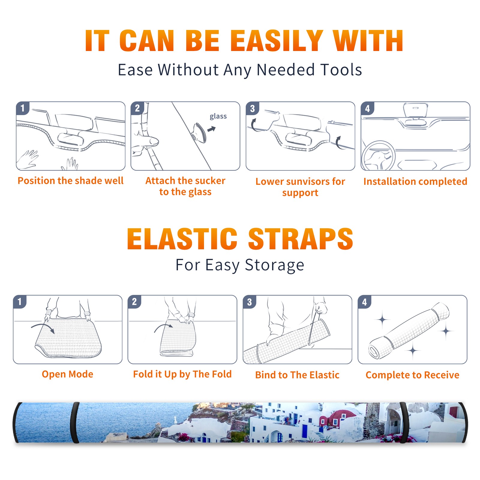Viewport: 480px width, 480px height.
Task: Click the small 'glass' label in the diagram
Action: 218,116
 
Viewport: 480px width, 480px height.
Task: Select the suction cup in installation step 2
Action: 199,132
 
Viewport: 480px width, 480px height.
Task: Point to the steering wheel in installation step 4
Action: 378,156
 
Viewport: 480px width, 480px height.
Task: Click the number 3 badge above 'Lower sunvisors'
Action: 252,108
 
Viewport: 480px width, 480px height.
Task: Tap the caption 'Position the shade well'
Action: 70,181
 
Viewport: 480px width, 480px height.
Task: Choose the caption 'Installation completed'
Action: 415,181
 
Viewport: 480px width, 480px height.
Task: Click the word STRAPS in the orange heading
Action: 301,239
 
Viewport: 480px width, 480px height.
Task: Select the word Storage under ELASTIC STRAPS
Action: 274,265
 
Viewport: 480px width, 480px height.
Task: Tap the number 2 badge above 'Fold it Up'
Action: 134,301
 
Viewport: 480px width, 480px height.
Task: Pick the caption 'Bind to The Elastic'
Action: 297,375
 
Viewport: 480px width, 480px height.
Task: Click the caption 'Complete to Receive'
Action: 412,375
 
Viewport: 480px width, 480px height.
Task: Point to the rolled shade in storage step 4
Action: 409,331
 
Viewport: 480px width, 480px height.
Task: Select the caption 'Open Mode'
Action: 67,374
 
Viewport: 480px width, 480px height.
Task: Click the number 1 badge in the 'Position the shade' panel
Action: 22,108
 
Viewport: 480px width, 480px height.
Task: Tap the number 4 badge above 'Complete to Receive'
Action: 364,301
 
